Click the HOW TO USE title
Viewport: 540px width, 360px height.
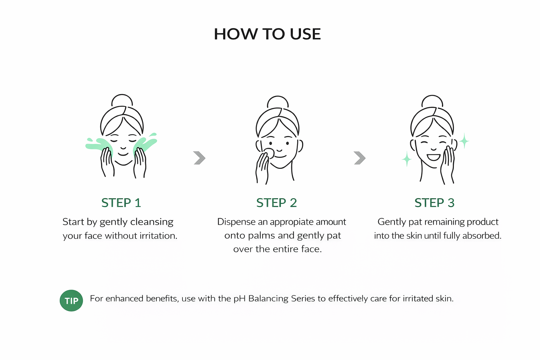tap(267, 34)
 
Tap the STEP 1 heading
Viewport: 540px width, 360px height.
tap(121, 202)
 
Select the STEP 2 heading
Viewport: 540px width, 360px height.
tap(277, 202)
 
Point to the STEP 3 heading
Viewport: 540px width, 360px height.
tap(435, 202)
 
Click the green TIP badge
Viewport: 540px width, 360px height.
tap(71, 301)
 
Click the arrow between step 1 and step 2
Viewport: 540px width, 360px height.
tap(199, 158)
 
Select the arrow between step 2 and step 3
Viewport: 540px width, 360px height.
tap(360, 158)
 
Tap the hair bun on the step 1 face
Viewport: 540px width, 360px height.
tap(122, 100)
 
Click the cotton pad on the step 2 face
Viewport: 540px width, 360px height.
tap(269, 153)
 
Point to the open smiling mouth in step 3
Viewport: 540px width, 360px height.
tap(434, 157)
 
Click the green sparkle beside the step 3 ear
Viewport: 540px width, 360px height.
tap(464, 141)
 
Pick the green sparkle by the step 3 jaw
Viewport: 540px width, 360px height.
tap(407, 159)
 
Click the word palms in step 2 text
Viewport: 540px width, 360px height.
tap(262, 236)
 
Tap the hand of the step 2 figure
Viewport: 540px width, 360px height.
tap(262, 168)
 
